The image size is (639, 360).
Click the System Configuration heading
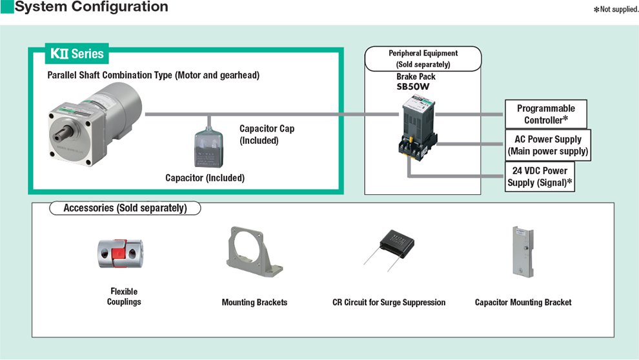tap(91, 7)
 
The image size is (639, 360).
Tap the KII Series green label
tap(77, 54)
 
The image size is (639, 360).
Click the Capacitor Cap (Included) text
tap(267, 134)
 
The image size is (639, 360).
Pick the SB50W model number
tap(413, 86)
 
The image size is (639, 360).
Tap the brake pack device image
tap(418, 127)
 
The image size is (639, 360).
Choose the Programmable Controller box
tap(545, 114)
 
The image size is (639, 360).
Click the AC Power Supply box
tap(548, 145)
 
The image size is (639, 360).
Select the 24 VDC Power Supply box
tap(540, 176)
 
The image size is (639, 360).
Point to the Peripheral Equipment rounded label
tap(423, 59)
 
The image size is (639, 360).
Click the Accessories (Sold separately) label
tap(125, 208)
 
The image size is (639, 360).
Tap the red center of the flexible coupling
tap(118, 254)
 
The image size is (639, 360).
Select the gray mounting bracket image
tap(254, 252)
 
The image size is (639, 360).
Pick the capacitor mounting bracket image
tap(523, 252)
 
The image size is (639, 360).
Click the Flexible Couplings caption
tap(124, 297)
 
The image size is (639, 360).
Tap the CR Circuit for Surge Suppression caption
tap(389, 302)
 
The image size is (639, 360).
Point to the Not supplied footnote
tap(616, 9)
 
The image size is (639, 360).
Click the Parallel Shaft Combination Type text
tap(153, 75)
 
